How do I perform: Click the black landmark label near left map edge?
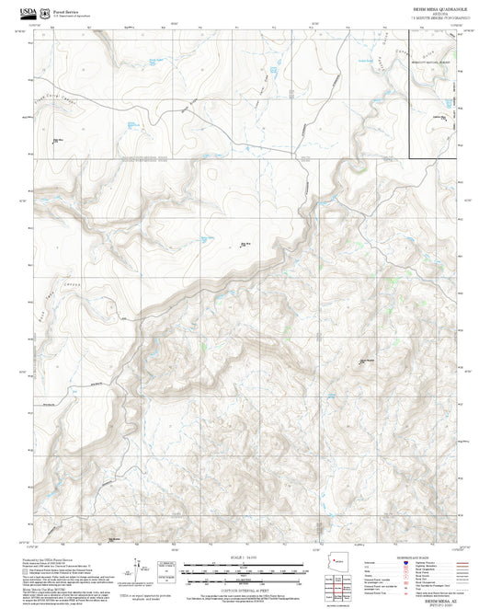[x=58, y=140]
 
